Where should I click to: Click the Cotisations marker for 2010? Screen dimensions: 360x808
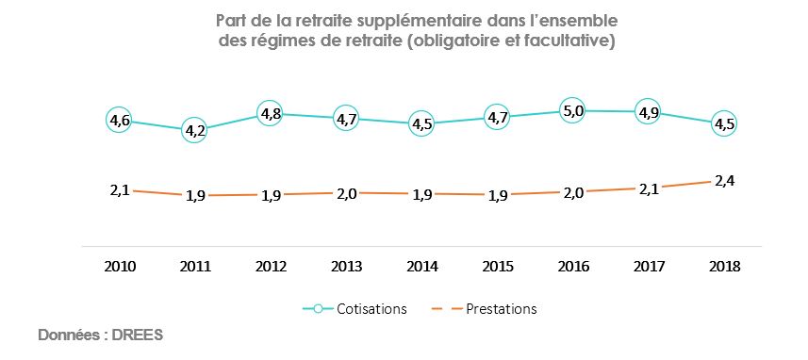pyautogui.click(x=120, y=121)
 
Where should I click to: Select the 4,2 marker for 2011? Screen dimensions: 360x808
pyautogui.click(x=195, y=131)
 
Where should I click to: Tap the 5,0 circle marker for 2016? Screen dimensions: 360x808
pyautogui.click(x=572, y=111)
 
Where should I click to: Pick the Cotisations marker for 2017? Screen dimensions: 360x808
pyautogui.click(x=648, y=112)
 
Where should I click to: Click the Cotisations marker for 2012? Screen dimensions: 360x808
pyautogui.click(x=270, y=115)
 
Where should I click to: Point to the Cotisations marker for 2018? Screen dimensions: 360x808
pyautogui.click(x=723, y=124)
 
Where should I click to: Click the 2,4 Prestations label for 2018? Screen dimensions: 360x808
pyautogui.click(x=723, y=181)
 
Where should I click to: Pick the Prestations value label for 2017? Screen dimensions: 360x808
pyautogui.click(x=648, y=189)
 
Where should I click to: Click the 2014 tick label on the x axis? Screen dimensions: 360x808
pyautogui.click(x=420, y=267)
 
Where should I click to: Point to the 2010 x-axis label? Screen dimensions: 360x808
pyautogui.click(x=120, y=267)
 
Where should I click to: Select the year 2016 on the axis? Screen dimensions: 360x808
pyautogui.click(x=572, y=267)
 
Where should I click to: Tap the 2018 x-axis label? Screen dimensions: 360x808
pyautogui.click(x=723, y=267)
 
